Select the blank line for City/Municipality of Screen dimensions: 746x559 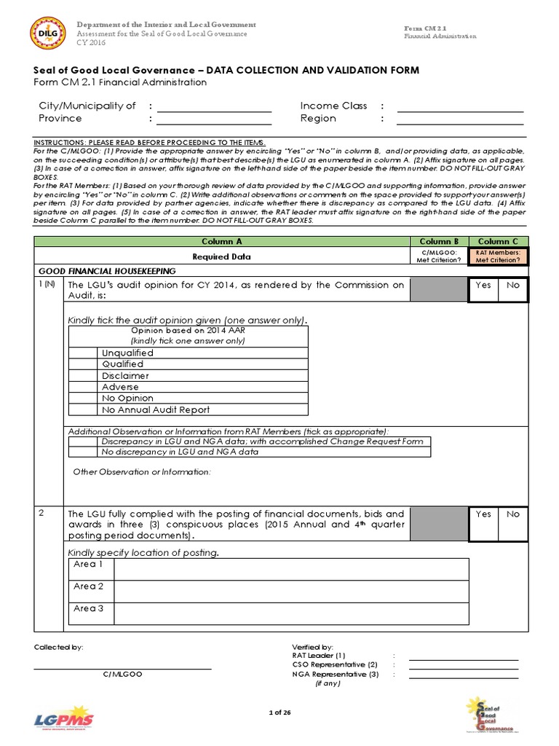click(214, 106)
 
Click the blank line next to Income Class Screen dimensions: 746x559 click(460, 106)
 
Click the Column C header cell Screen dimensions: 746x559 click(498, 241)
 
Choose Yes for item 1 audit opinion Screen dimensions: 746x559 click(483, 286)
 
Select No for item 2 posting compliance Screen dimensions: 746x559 click(513, 514)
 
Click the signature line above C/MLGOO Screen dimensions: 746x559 click(122, 667)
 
